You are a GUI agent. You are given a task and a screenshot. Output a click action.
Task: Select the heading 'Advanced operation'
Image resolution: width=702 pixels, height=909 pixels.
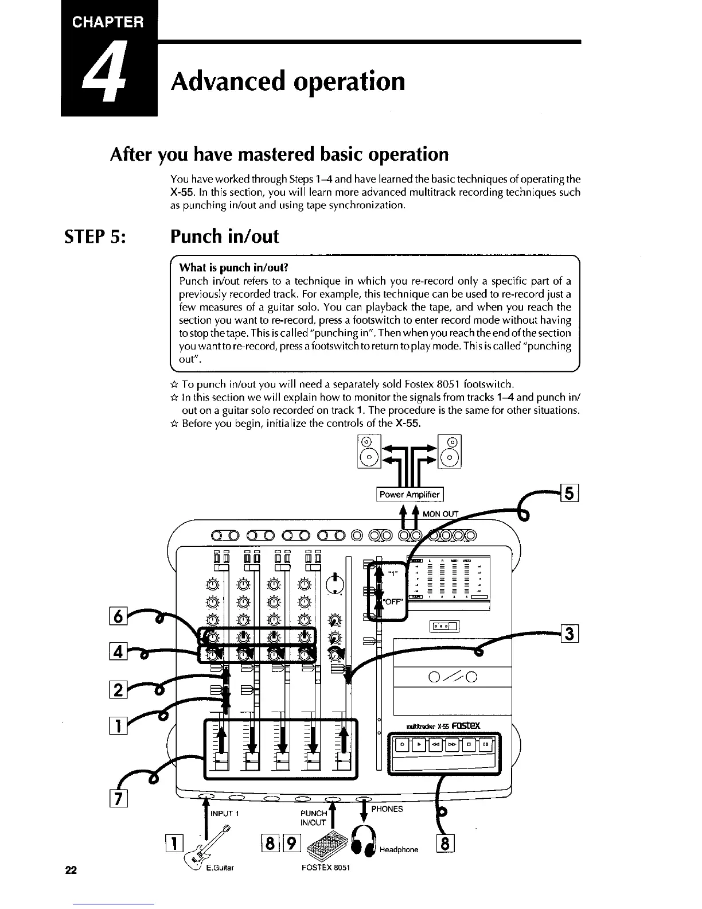287,81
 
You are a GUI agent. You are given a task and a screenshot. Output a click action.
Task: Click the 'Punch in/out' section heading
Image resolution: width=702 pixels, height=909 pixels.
224,236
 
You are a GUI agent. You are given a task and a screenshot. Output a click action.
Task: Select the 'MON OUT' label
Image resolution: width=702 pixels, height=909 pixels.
440,514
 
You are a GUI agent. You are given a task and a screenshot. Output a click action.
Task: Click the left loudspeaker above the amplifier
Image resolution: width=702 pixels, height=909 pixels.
369,452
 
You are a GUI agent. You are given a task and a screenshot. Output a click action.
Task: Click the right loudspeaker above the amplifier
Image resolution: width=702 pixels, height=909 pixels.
451,452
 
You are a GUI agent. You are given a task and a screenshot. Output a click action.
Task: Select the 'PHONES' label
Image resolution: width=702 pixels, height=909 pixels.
387,809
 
